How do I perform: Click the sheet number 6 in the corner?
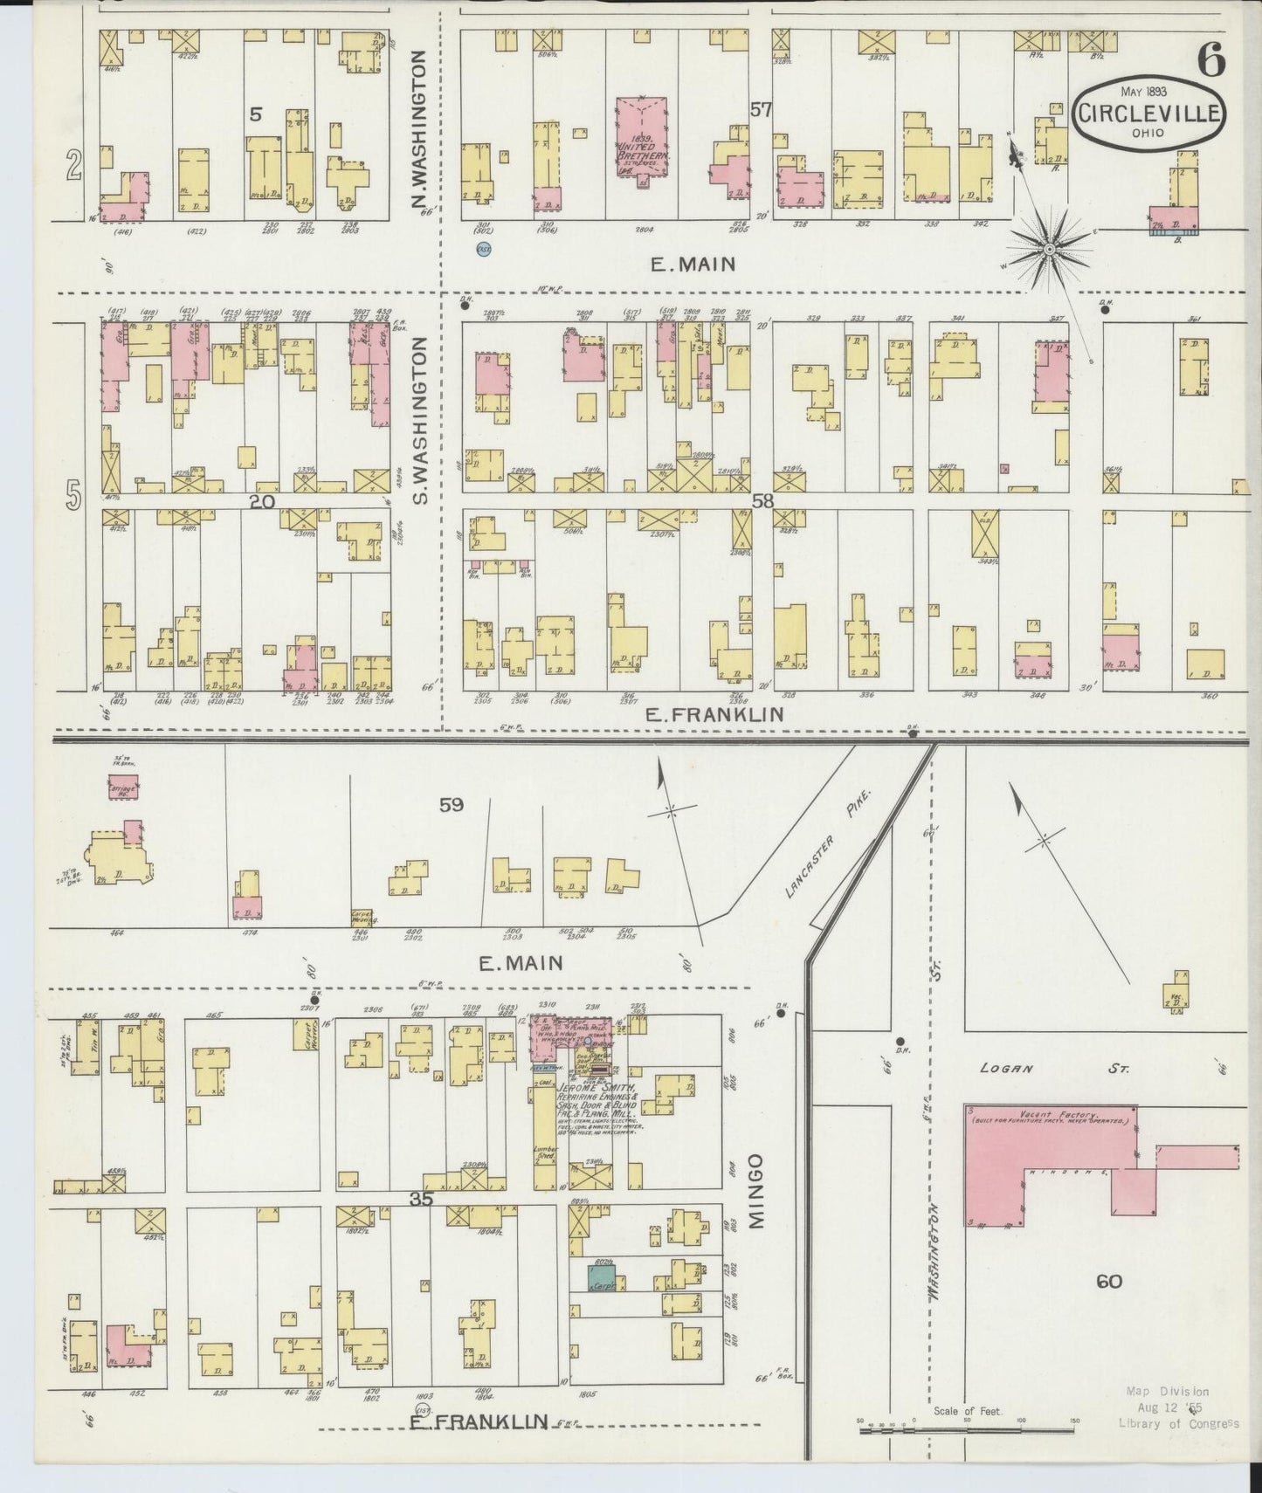[x=1210, y=59]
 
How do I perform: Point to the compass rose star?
[x=1048, y=251]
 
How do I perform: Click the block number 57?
[x=760, y=110]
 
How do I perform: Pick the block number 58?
[x=762, y=500]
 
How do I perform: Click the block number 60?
[x=1108, y=1282]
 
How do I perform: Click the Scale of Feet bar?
[x=967, y=1431]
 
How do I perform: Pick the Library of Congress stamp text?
[x=1178, y=1424]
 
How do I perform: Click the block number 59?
[x=451, y=804]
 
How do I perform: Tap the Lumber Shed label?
[x=545, y=1154]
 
